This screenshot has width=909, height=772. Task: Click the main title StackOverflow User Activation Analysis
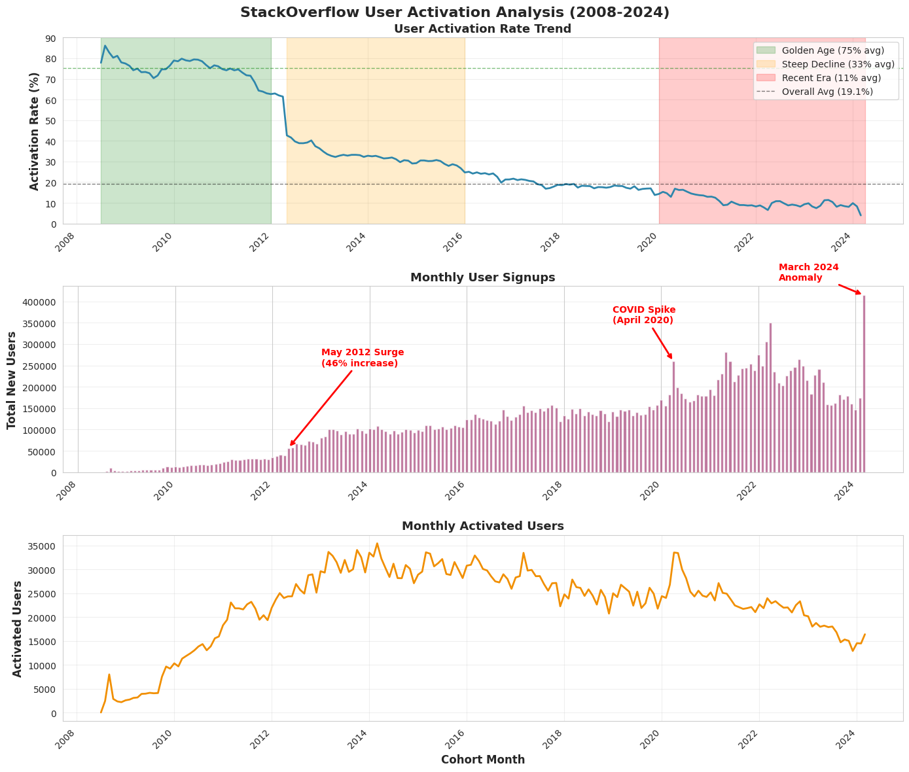coord(454,12)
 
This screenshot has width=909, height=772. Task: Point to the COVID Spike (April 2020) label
coord(643,315)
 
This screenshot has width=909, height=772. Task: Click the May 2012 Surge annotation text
coord(362,357)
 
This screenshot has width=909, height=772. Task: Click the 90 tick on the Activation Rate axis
coord(51,38)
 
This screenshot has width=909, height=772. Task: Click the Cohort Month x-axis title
coord(482,760)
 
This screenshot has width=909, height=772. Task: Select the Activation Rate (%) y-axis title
coord(35,131)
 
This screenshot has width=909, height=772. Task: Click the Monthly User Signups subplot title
coord(482,277)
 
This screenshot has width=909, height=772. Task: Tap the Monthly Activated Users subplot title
coord(482,526)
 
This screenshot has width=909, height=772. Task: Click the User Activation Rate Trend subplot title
coord(482,29)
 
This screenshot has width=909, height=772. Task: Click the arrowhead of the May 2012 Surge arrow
coord(291,445)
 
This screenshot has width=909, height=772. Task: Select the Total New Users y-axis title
coord(12,379)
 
